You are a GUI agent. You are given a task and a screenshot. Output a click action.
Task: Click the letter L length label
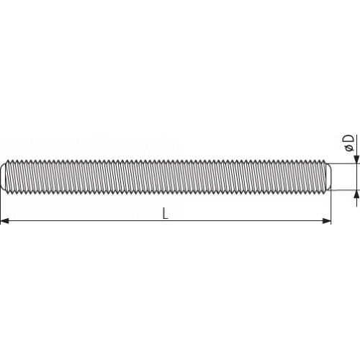coord(166,213)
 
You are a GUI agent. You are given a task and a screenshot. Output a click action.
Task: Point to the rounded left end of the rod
coord(4,177)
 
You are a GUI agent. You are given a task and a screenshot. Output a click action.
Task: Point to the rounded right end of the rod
coord(328,177)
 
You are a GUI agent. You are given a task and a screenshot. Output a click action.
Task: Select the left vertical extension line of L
coord(1,205)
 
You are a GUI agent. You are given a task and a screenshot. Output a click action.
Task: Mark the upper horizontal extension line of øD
coord(344,163)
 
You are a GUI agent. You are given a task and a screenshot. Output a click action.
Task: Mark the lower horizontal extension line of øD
coord(344,191)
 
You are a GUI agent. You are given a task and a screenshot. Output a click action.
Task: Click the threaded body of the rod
coord(166,177)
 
